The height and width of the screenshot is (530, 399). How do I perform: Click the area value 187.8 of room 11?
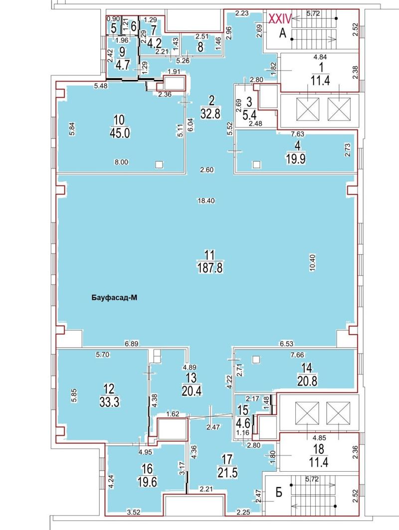(x=210, y=268)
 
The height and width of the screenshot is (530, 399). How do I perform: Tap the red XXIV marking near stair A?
(x=280, y=18)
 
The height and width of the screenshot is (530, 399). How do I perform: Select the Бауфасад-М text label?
(x=114, y=298)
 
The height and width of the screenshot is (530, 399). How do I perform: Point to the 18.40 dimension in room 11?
(x=206, y=201)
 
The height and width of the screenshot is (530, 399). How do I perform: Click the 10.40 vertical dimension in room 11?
(x=312, y=263)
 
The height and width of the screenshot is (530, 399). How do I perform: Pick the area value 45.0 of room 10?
(x=120, y=133)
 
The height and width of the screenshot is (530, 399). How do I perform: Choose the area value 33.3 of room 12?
(x=110, y=402)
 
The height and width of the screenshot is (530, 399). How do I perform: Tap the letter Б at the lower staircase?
(x=278, y=493)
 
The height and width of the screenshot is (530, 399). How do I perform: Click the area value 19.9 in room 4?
(x=295, y=158)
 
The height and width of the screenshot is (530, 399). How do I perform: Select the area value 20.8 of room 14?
(x=307, y=381)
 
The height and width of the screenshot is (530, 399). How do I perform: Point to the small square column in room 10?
(x=159, y=164)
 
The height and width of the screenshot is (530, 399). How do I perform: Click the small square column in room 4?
(x=257, y=165)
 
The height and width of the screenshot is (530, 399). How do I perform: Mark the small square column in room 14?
(x=256, y=359)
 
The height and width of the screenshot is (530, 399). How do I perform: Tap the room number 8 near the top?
(x=200, y=47)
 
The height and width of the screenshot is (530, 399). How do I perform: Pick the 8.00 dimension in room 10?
(x=121, y=162)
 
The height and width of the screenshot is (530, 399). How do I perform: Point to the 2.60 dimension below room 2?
(x=207, y=170)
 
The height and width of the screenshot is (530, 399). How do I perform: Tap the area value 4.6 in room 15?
(x=243, y=422)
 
